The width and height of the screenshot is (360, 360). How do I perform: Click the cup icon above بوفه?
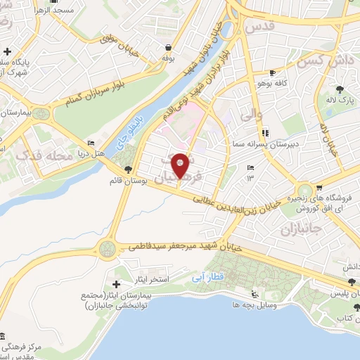click(x=169, y=48)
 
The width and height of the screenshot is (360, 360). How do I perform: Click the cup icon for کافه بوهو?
click(x=273, y=72)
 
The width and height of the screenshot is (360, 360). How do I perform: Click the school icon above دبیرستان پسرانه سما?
click(x=264, y=132)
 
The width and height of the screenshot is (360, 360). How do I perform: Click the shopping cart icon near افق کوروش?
click(x=319, y=188)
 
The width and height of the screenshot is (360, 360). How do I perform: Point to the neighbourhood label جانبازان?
click(x=300, y=229)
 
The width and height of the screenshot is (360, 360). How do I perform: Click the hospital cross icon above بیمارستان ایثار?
click(x=116, y=283)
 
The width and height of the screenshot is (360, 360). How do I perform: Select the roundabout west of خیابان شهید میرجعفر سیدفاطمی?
click(x=108, y=247)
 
